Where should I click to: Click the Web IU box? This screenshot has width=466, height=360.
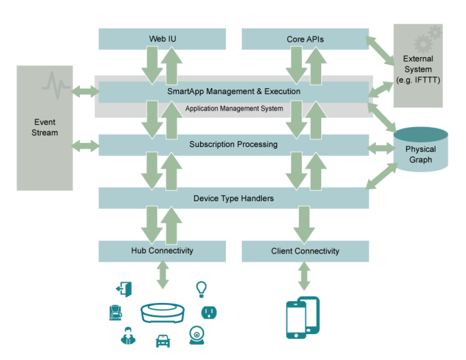(x=162, y=40)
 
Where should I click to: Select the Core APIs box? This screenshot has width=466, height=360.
(x=305, y=40)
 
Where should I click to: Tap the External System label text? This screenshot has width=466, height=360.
(x=418, y=69)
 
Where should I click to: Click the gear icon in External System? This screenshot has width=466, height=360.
(x=426, y=41)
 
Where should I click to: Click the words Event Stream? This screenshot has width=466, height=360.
(x=45, y=127)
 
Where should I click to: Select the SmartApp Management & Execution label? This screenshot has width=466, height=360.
(x=234, y=92)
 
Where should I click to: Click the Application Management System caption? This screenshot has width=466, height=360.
(x=234, y=109)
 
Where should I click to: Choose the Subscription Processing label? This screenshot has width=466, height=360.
(x=234, y=145)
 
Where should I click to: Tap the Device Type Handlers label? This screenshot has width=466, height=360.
(x=234, y=198)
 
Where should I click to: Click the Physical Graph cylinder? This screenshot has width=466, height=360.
(x=420, y=150)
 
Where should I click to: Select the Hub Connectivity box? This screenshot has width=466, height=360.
(x=162, y=251)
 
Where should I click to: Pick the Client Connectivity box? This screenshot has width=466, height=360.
(x=305, y=251)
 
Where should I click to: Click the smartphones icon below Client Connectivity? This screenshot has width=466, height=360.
(x=303, y=317)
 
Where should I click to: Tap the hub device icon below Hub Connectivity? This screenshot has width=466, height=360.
(x=162, y=312)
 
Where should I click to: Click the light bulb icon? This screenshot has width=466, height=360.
(x=202, y=289)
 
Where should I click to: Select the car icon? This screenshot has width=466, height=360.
(x=162, y=341)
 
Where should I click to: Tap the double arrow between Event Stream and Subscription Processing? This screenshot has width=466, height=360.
(x=85, y=145)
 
